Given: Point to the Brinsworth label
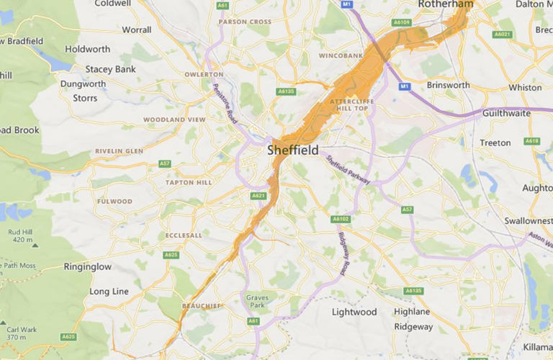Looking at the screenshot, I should (448, 85).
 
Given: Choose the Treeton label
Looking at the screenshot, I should (495, 143).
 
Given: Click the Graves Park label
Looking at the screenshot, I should (256, 302).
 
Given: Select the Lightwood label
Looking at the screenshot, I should (354, 312).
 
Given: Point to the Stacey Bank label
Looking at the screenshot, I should (110, 69).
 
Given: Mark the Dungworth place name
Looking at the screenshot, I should (83, 84).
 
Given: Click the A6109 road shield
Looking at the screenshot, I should (401, 22).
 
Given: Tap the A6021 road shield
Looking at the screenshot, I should (501, 34).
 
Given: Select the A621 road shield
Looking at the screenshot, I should (258, 195).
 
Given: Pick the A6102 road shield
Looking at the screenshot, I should (341, 219).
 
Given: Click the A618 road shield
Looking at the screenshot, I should (531, 141).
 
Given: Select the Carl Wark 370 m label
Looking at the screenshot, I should (17, 333).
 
